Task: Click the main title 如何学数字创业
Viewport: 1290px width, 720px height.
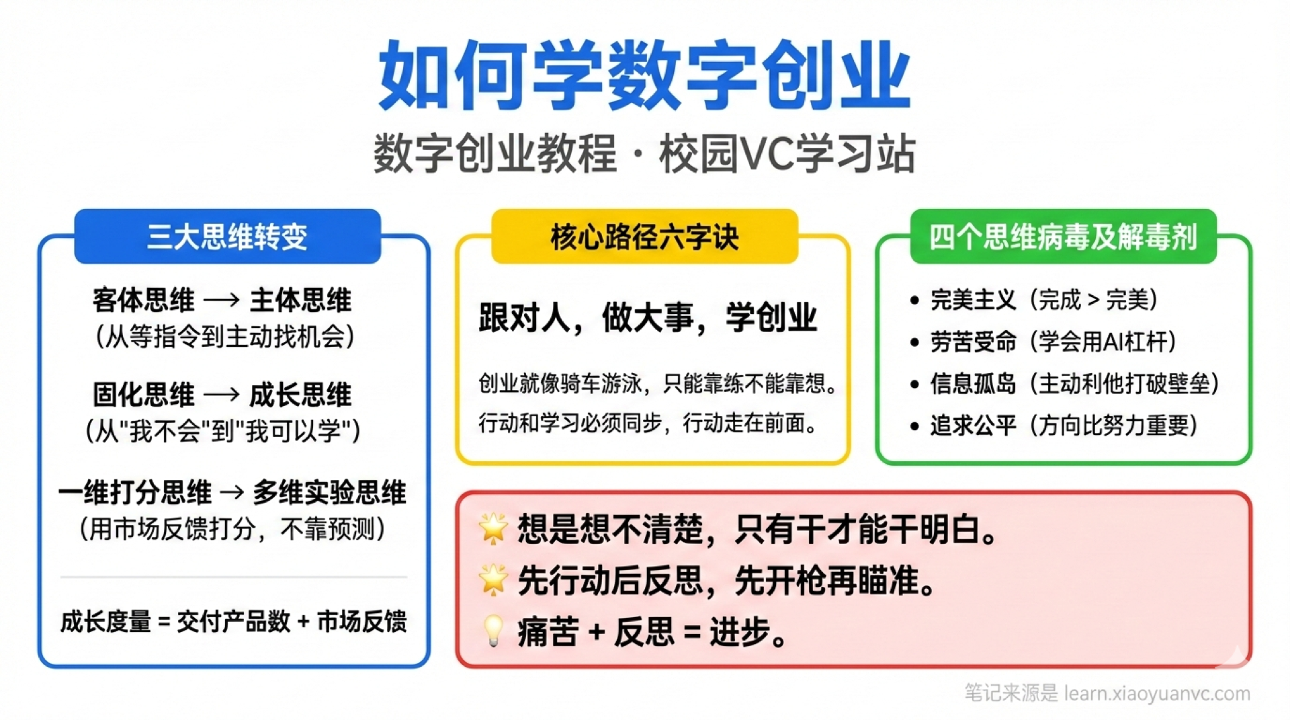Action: tap(644, 75)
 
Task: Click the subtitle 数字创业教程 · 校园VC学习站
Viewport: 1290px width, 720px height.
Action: tap(644, 154)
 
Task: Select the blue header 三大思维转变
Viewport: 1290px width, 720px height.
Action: tap(227, 237)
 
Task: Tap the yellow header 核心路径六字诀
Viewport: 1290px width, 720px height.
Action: tap(644, 237)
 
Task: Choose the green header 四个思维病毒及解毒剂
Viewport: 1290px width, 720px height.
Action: tap(1063, 237)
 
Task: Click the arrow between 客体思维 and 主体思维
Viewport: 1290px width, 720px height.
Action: tap(222, 301)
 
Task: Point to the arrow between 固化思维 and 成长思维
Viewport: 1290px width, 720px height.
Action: tap(222, 395)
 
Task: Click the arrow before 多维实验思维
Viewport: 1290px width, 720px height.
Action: tap(232, 493)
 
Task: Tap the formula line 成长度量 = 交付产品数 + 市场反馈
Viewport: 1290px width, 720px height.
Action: tap(233, 621)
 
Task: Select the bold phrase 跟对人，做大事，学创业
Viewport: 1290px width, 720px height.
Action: tap(648, 318)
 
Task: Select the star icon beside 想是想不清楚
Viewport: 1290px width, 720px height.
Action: tap(493, 528)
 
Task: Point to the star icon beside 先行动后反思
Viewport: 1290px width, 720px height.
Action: tap(493, 579)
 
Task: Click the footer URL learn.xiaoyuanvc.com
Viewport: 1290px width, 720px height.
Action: tap(1157, 693)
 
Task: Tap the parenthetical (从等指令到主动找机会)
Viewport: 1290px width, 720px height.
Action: tap(225, 337)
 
